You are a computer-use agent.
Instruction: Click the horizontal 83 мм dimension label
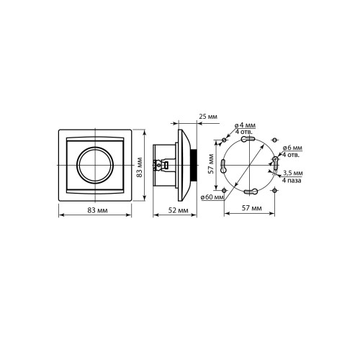point(97,210)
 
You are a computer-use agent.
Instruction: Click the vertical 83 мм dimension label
point(140,167)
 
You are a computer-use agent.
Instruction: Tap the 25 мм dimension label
point(208,117)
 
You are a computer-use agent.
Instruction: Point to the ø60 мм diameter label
point(212,197)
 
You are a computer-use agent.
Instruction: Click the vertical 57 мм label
point(211,163)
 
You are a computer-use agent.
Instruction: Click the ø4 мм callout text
point(245,125)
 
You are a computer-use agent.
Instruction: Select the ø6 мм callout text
point(292,148)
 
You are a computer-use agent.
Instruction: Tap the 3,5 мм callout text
point(293,173)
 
